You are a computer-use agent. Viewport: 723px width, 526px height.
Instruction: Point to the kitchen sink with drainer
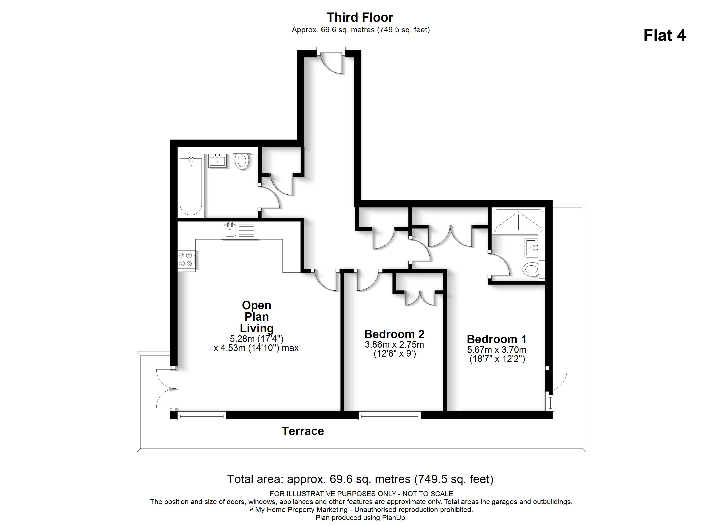point(239,230)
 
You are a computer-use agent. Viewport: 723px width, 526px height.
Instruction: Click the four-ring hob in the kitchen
point(186,259)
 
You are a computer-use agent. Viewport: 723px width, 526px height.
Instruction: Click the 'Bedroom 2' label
point(394,334)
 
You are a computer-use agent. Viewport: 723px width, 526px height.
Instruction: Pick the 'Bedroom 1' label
point(496,339)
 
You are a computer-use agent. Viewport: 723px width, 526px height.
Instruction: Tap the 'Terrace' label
point(303,431)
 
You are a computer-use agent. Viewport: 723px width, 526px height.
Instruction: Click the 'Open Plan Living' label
point(257,316)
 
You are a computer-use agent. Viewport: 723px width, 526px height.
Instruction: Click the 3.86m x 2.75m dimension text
point(394,345)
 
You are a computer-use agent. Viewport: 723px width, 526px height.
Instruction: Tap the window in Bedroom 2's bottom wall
point(389,415)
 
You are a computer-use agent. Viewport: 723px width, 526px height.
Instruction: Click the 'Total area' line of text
point(360,479)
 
